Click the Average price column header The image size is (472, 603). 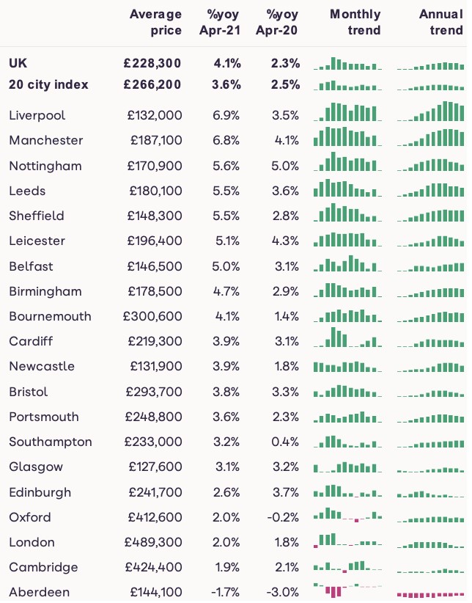[155, 22]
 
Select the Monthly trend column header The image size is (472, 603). [355, 22]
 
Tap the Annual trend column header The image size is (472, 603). [440, 22]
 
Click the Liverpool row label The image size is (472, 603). [37, 115]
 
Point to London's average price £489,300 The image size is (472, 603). [155, 543]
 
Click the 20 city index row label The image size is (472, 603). [48, 84]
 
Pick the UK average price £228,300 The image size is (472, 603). [152, 64]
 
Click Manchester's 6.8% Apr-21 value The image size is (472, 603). [226, 140]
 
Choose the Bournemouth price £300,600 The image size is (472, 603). [152, 316]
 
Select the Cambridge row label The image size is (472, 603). [43, 568]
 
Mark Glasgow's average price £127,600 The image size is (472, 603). [155, 467]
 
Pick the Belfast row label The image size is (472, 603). [32, 266]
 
